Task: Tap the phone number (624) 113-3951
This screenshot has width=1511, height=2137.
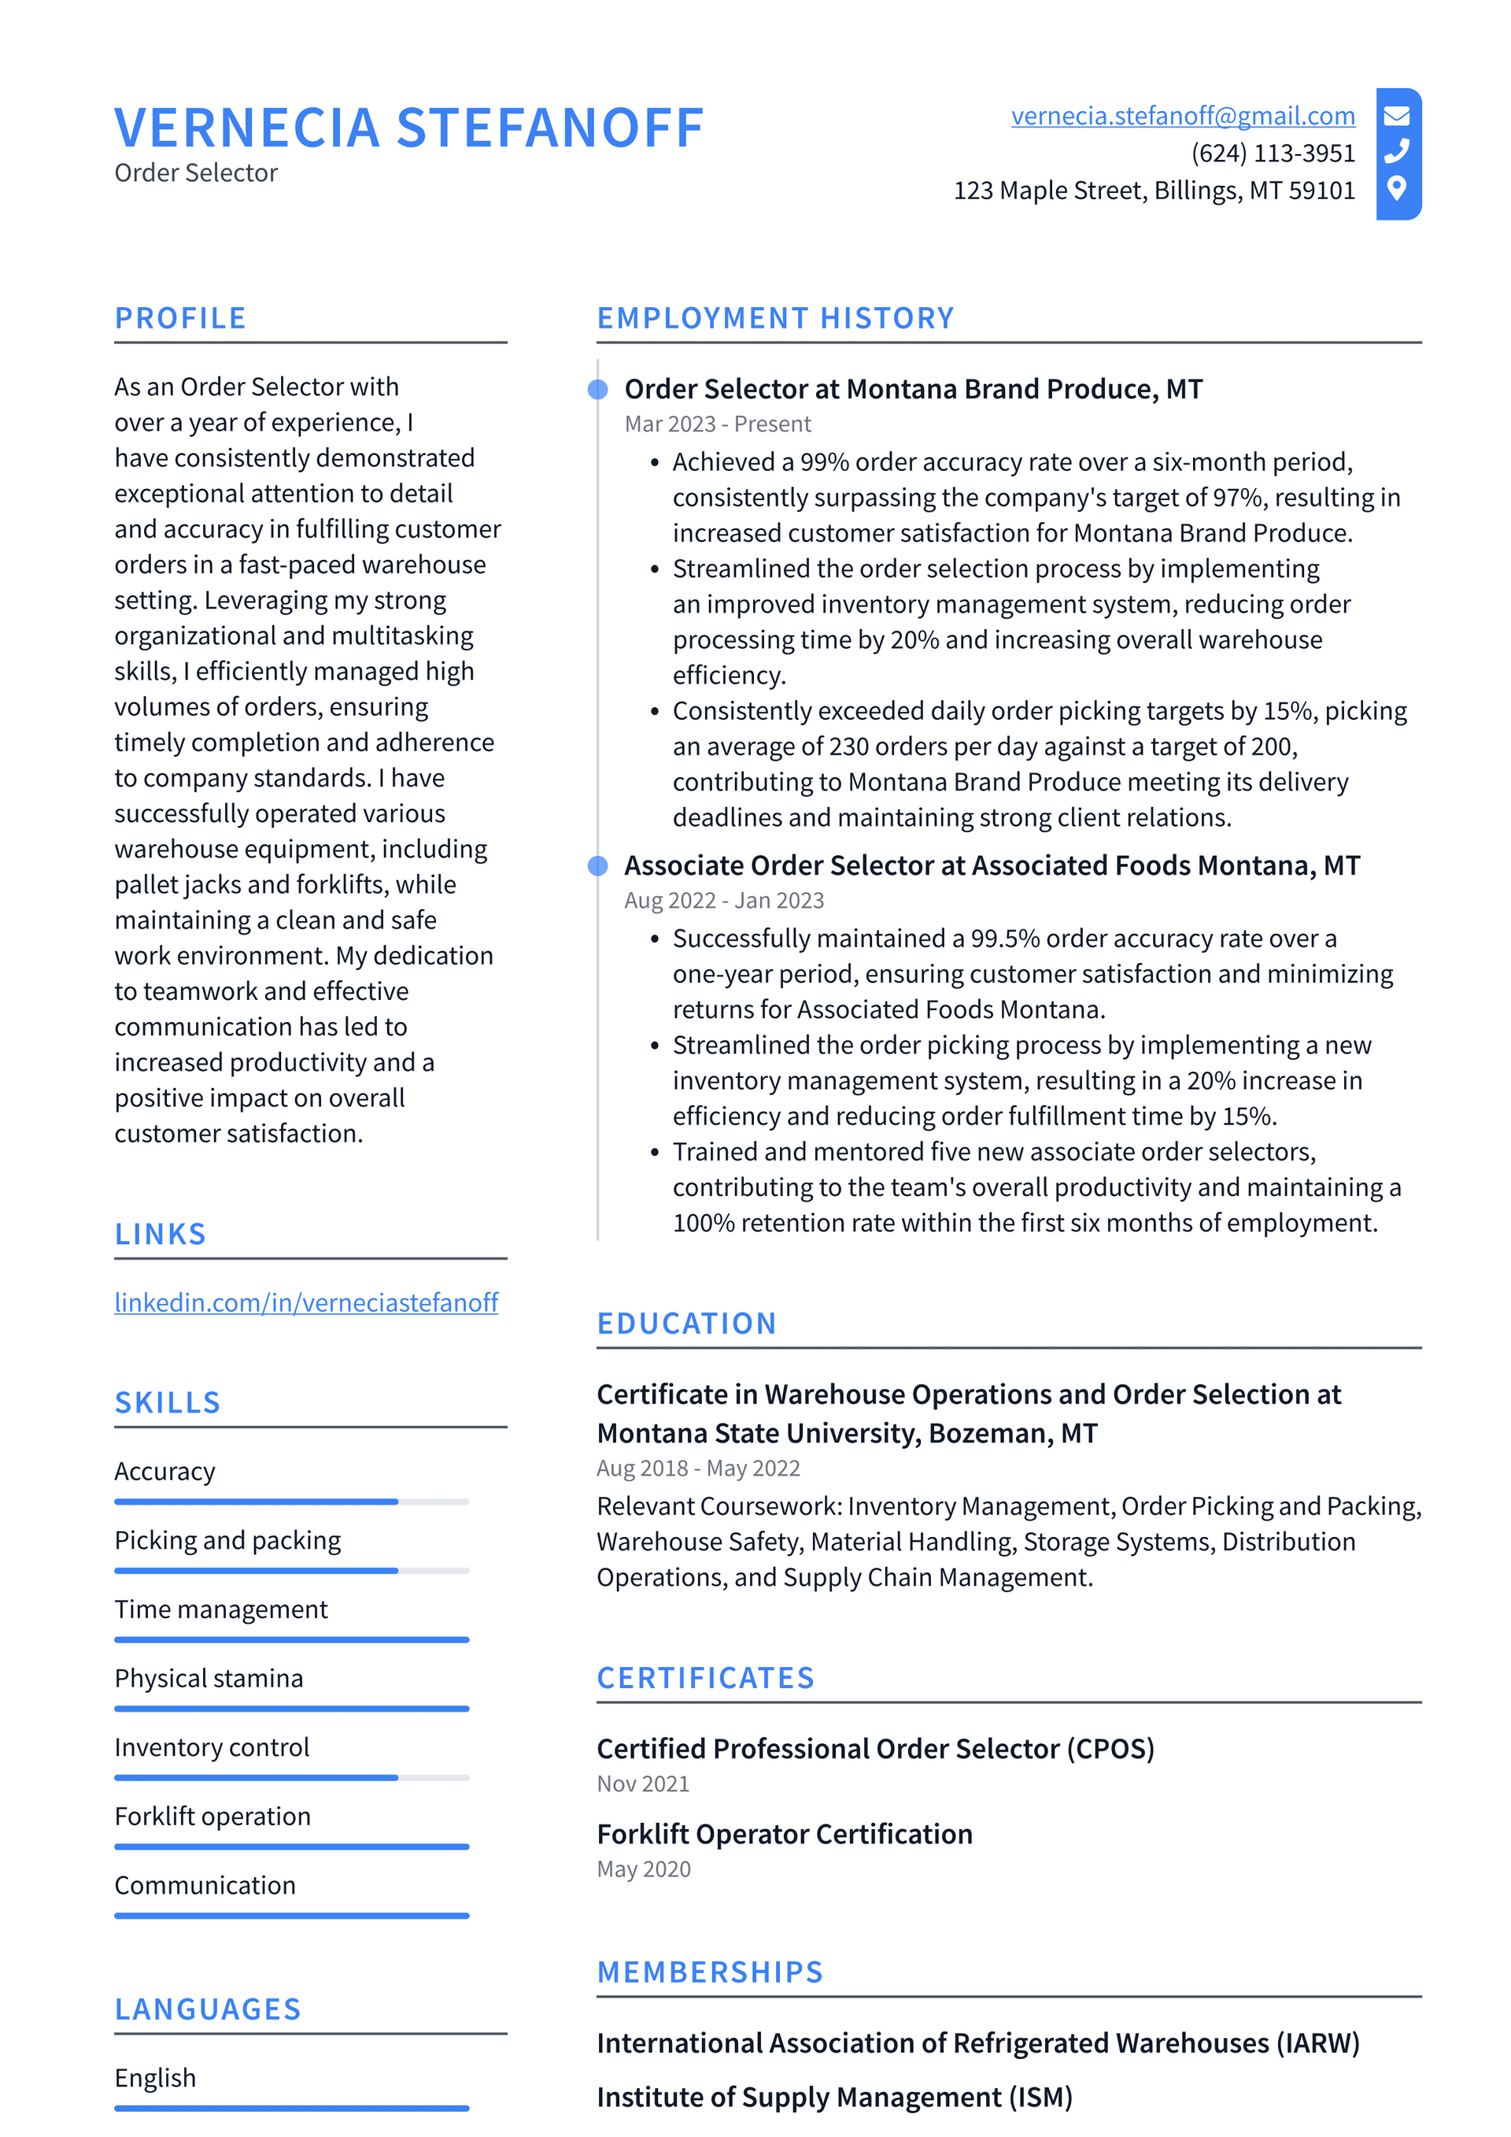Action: click(1272, 153)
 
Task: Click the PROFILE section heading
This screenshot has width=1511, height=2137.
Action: click(180, 318)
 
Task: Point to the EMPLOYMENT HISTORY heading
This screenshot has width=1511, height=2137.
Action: click(775, 318)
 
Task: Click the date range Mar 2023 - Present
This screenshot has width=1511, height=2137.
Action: click(718, 424)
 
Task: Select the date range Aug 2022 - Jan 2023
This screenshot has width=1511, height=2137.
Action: click(724, 900)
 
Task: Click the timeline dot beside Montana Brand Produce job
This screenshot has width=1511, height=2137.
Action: click(598, 389)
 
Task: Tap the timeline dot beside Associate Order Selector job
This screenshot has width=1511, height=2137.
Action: click(598, 865)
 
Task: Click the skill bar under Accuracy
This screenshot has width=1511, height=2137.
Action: click(291, 1502)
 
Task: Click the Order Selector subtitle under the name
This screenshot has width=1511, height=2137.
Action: click(196, 173)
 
